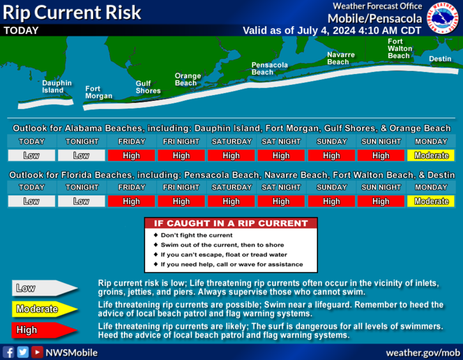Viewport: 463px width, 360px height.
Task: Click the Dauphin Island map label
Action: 57,87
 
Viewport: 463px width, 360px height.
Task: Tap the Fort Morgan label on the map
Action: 98,93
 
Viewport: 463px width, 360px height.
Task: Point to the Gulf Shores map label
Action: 148,87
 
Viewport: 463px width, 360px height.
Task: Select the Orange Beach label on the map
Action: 188,79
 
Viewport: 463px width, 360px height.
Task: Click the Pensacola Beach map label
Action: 269,68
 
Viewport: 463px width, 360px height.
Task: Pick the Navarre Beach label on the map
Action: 341,58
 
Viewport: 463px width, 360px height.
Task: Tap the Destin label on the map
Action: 440,59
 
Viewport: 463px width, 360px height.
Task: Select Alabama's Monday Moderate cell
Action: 431,156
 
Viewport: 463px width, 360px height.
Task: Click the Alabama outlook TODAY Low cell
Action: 31,156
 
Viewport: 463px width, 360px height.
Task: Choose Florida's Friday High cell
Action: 131,201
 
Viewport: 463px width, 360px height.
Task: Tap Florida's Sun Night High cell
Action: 381,201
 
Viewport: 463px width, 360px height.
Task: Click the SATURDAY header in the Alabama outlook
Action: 231,142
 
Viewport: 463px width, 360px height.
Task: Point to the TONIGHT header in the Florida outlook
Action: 82,188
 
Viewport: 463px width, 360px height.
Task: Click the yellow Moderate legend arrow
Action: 45,309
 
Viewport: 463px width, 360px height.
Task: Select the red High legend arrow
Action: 45,330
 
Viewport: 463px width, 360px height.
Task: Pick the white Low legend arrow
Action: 45,288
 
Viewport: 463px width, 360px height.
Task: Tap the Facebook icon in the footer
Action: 8,352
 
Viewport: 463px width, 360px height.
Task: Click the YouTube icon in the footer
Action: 37,352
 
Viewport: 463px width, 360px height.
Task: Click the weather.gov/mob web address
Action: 423,352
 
